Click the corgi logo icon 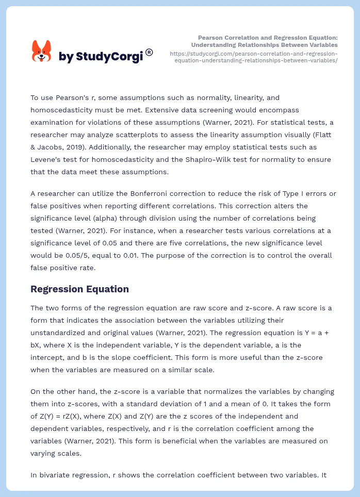(x=42, y=52)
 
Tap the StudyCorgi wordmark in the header (x=101, y=56)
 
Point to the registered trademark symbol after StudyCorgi (x=149, y=52)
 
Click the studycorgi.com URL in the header (x=253, y=57)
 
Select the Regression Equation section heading (x=79, y=289)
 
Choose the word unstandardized (x=57, y=333)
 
